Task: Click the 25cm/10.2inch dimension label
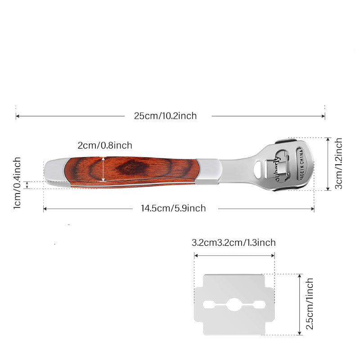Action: [x=165, y=116]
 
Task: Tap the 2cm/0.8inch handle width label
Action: [x=105, y=145]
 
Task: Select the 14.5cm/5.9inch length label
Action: [x=173, y=208]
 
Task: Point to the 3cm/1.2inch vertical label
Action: [x=338, y=163]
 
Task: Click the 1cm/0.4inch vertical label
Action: [x=17, y=183]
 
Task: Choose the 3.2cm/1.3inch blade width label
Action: [x=234, y=243]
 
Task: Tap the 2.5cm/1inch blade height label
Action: [x=310, y=304]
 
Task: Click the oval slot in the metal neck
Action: [x=258, y=169]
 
